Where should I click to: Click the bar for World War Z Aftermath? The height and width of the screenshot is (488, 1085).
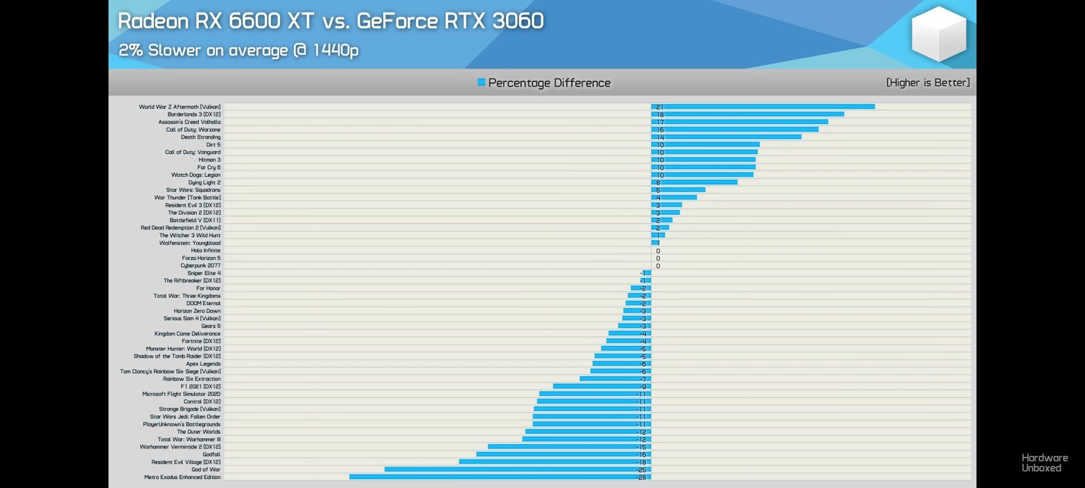pos(763,107)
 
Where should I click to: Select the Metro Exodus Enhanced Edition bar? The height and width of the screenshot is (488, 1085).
pos(500,477)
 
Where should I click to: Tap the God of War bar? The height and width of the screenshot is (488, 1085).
pos(518,469)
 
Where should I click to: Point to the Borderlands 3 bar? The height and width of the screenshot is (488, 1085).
pos(748,114)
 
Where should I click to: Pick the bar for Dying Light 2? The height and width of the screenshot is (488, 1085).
pos(695,182)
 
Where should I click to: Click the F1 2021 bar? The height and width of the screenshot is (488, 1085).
pos(602,386)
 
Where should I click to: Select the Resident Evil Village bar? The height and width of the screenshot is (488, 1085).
pos(555,462)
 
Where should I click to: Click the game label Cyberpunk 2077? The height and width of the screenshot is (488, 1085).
pos(201,265)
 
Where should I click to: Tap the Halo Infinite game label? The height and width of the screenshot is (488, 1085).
pos(206,250)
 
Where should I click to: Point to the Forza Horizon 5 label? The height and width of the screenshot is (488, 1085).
pos(201,258)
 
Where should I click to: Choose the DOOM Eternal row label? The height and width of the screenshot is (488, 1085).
pos(203,303)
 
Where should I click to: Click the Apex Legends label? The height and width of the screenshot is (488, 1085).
pos(203,364)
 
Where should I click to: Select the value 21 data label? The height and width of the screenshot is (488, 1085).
pos(659,107)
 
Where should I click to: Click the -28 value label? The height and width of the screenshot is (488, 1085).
pos(641,477)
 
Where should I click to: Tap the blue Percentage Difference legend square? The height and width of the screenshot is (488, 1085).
pos(481,82)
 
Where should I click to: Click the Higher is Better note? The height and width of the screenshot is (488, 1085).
pos(928,82)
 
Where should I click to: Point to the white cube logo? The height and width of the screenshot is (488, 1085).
pos(939,34)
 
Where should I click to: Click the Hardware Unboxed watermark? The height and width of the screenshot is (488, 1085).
pos(1044,463)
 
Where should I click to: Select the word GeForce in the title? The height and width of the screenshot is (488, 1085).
pos(397,21)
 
